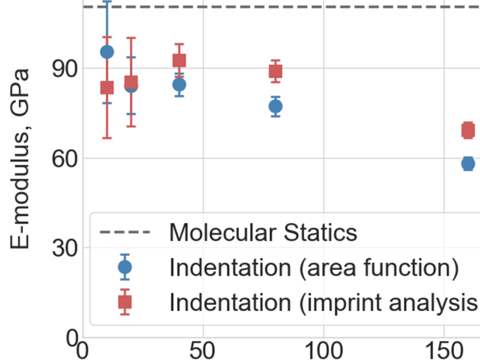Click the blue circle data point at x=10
(107, 52)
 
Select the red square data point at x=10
(107, 88)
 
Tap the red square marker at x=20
(131, 82)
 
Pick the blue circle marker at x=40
(179, 85)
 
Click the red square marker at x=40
(179, 60)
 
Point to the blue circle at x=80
(275, 107)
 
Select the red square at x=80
(275, 71)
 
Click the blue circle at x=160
(468, 163)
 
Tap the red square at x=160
(468, 130)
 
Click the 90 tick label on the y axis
(62, 69)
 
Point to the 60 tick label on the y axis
(62, 158)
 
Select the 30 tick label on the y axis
(62, 248)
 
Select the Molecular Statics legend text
(263, 232)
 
